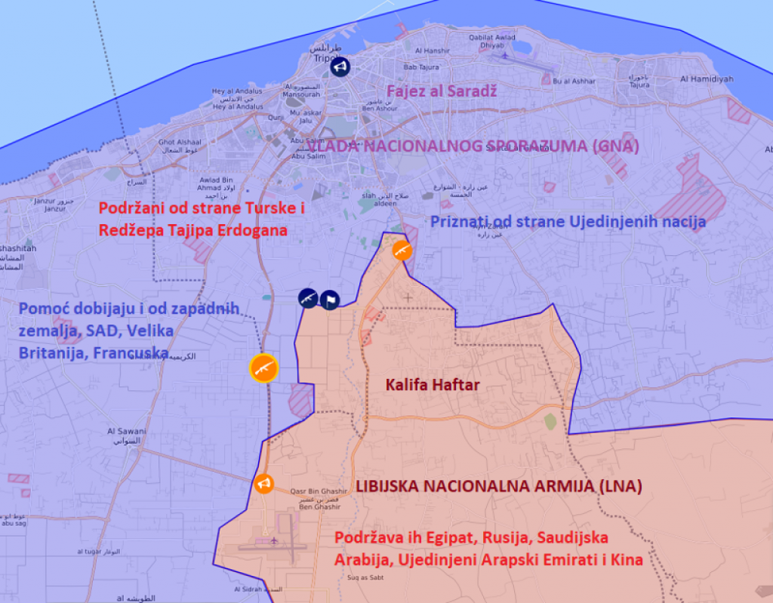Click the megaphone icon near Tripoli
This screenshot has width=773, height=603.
340,68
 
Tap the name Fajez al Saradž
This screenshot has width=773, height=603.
432,92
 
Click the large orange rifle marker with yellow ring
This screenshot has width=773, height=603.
264,368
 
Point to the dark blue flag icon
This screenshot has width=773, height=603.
330,300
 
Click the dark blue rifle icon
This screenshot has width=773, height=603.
307,298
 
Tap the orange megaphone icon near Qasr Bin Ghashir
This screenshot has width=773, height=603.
264,484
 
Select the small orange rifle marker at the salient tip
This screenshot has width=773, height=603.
403,251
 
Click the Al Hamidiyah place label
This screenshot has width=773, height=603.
706,78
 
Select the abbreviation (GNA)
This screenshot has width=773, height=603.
614,146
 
